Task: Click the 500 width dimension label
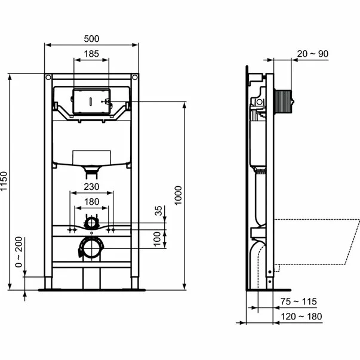(91, 38)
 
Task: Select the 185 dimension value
(91, 54)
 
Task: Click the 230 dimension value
(91, 186)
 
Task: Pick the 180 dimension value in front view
(91, 201)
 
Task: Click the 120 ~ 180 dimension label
(304, 316)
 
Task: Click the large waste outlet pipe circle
(91, 247)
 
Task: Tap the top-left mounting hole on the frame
(48, 77)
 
